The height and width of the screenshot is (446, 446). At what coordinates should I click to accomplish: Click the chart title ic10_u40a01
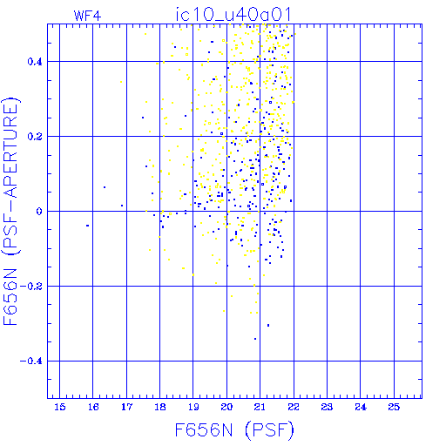click(x=233, y=15)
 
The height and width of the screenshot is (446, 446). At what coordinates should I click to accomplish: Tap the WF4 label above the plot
click(x=87, y=16)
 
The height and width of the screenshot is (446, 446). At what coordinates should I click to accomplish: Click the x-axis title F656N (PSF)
click(x=234, y=430)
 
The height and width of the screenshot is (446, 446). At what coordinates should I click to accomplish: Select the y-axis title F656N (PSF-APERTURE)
click(x=10, y=212)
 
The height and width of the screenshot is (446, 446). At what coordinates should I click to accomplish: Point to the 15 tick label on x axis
click(x=60, y=407)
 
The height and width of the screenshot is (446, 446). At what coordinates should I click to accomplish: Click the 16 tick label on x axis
click(x=93, y=407)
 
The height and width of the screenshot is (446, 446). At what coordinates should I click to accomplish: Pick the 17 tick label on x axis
click(x=126, y=407)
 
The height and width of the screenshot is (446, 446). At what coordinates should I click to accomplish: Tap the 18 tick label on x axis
click(x=160, y=407)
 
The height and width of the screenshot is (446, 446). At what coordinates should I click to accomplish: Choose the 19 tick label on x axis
click(x=193, y=407)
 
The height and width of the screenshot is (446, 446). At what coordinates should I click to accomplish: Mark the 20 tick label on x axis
click(x=226, y=407)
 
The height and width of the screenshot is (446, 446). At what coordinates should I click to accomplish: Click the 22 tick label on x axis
click(x=294, y=407)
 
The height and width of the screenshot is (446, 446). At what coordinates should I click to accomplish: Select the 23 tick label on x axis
click(x=327, y=407)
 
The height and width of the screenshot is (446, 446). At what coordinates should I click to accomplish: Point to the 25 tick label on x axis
click(x=394, y=407)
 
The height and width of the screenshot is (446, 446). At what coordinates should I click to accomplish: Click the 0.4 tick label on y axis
click(x=35, y=62)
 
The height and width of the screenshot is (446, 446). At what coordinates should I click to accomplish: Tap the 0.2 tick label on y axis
click(x=35, y=137)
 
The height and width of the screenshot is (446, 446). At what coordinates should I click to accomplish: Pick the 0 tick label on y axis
click(x=39, y=212)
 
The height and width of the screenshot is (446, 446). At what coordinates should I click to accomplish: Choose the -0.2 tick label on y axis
click(x=31, y=287)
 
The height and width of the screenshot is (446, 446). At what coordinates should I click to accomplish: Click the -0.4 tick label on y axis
click(x=31, y=362)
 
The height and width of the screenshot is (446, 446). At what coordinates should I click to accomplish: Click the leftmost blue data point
click(x=87, y=226)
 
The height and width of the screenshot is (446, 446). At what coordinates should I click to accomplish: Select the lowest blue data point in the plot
click(x=255, y=339)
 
